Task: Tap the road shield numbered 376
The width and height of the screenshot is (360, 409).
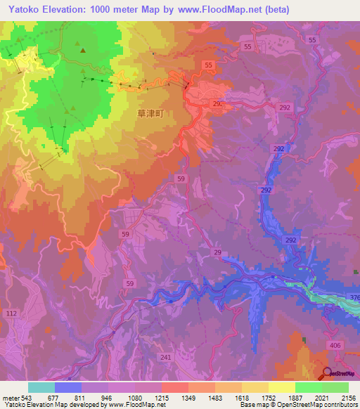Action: (x=353, y=298)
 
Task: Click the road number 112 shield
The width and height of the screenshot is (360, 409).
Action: (x=11, y=313)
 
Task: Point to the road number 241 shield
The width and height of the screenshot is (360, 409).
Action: (x=166, y=357)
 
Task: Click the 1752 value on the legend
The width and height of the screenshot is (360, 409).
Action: (x=268, y=396)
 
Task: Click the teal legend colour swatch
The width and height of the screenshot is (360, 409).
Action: (x=41, y=387)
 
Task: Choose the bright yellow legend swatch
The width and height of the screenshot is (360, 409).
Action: (x=281, y=387)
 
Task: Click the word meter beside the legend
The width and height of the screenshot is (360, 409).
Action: (x=10, y=396)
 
